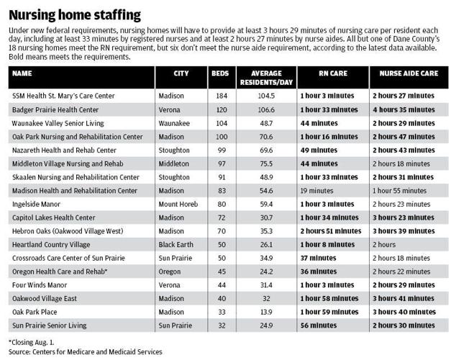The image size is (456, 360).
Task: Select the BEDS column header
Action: tap(219, 74)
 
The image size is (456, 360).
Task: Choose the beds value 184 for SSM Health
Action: tap(219, 96)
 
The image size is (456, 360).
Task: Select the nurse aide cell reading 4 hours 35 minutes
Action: tap(406, 109)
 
